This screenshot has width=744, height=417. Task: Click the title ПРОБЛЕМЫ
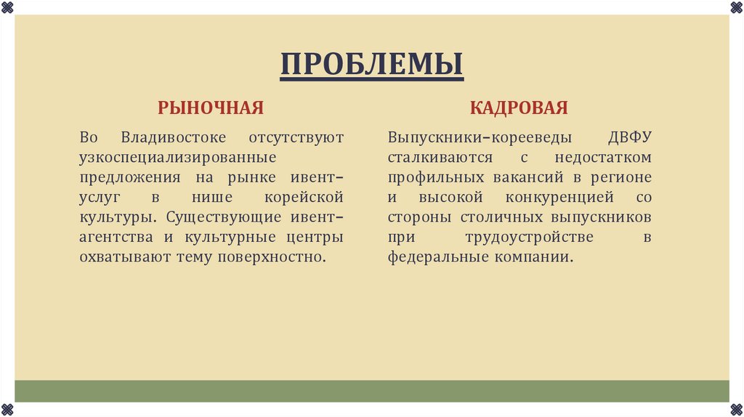click(371, 64)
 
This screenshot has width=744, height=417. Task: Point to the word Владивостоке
click(174, 137)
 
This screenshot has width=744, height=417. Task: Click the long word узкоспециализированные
click(178, 157)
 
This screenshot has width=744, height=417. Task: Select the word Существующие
click(217, 217)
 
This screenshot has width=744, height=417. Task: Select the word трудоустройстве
click(530, 238)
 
